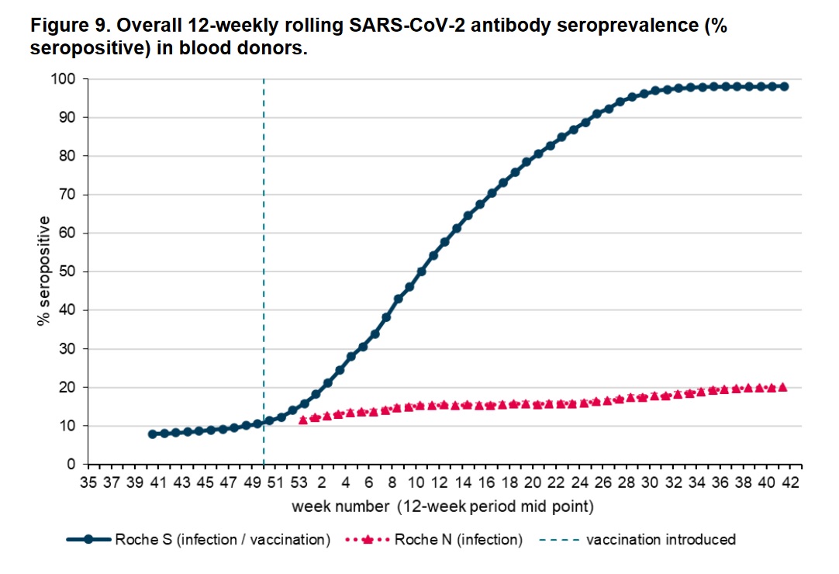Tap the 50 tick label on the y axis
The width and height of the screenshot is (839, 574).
(67, 271)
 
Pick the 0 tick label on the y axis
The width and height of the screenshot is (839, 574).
(71, 464)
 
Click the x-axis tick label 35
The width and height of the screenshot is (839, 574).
(88, 482)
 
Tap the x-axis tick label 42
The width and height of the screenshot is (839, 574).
(789, 482)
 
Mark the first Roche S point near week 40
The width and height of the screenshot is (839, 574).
(153, 434)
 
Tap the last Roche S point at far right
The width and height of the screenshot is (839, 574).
(784, 86)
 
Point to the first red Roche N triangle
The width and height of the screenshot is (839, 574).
(303, 420)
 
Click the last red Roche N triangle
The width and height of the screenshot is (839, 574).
(783, 386)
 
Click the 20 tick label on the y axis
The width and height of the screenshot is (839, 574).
(67, 387)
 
